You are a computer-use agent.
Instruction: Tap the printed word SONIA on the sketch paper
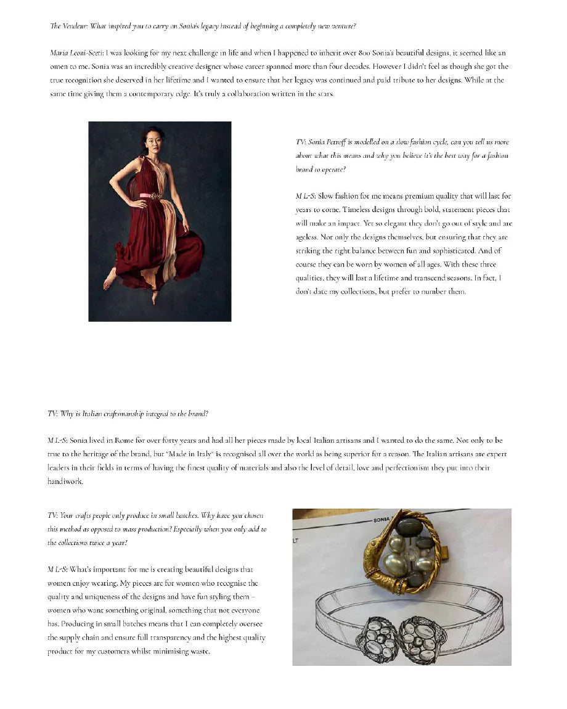click(x=382, y=520)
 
